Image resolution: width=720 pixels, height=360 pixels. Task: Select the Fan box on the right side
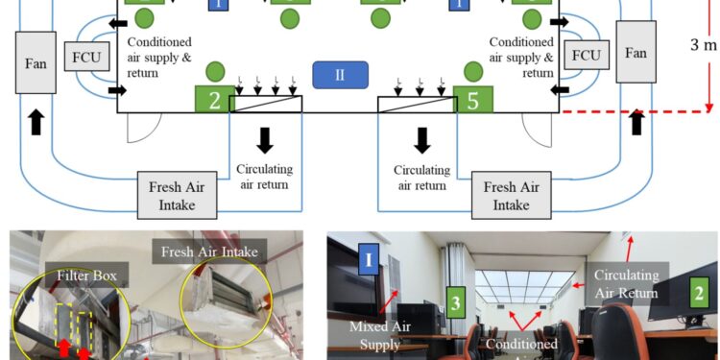pyautogui.click(x=636, y=54)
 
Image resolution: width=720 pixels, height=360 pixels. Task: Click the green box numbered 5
pyautogui.click(x=472, y=100)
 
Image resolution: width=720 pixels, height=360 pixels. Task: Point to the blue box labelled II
pyautogui.click(x=335, y=73)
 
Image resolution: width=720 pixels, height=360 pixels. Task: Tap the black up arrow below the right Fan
pyautogui.click(x=635, y=122)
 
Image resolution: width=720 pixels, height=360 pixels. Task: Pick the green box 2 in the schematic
pyautogui.click(x=213, y=100)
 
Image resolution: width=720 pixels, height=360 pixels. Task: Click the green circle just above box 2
pyautogui.click(x=215, y=71)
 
